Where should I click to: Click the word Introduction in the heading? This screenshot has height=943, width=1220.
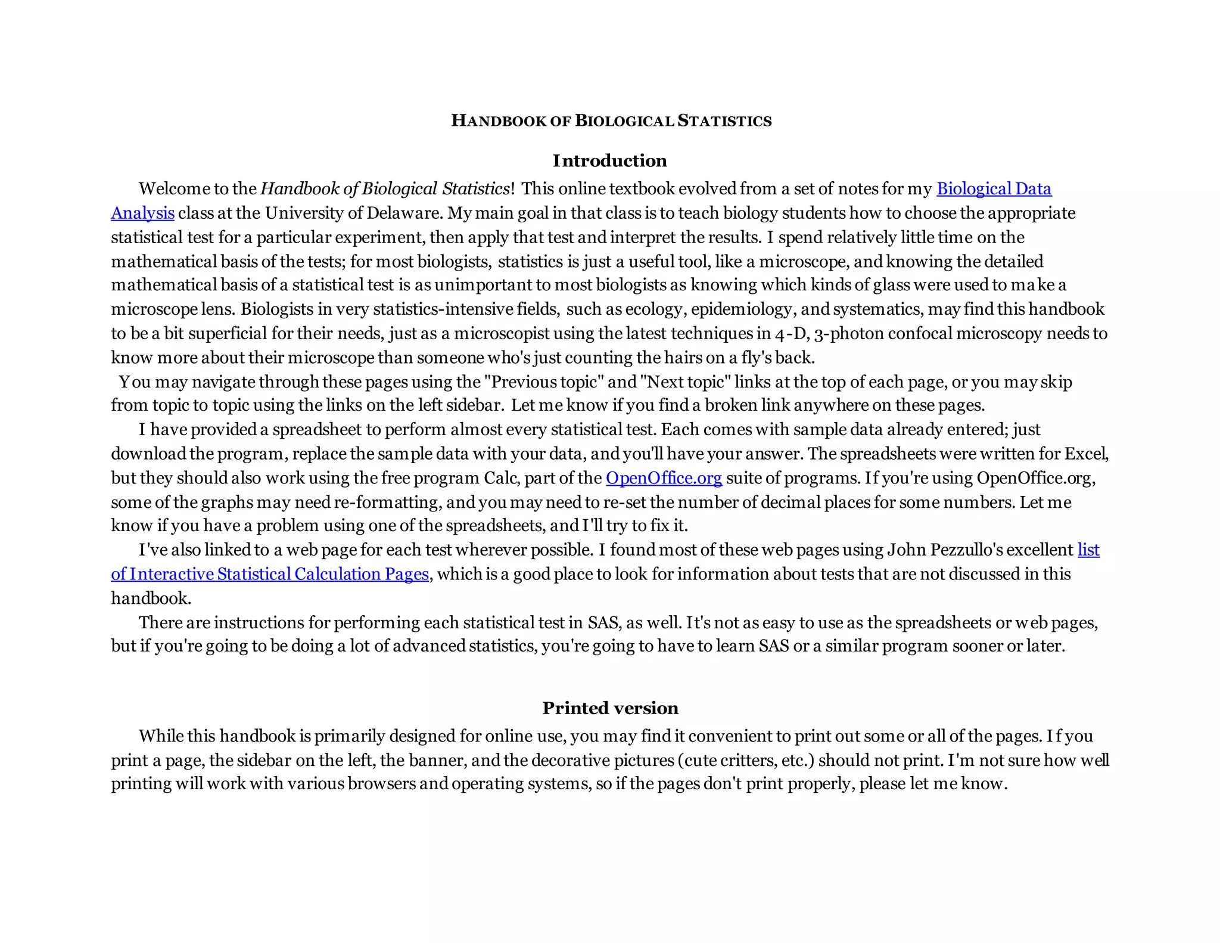[609, 160]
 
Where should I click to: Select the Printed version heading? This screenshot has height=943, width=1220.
[610, 708]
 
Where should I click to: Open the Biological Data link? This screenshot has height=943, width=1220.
[994, 188]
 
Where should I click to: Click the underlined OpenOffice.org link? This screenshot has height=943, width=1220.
[664, 478]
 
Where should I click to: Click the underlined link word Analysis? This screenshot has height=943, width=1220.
[142, 213]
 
